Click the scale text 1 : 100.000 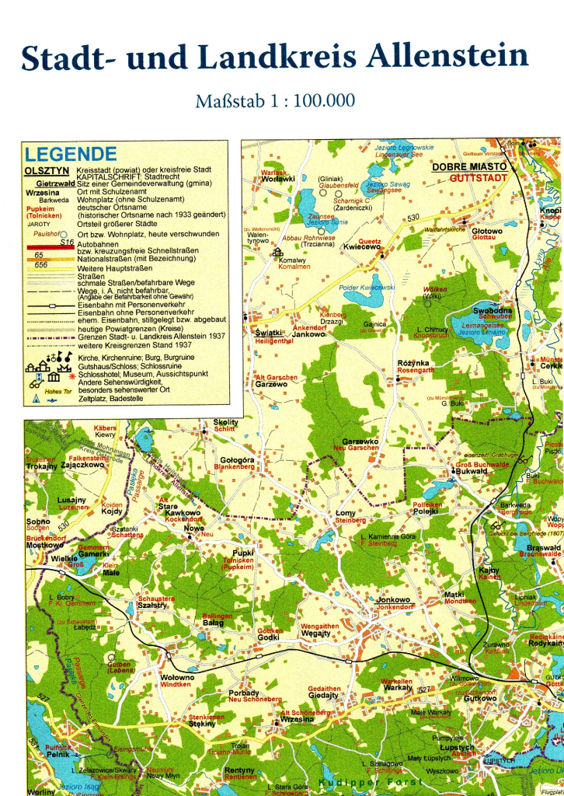coord(310,100)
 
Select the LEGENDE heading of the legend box coord(71,154)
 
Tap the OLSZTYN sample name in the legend coord(47,169)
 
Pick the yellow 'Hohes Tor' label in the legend coord(58,391)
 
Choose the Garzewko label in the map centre coord(360,442)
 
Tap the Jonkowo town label coord(393,599)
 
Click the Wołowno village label coord(177,677)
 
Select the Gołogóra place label coord(237,460)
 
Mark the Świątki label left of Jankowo coord(267,333)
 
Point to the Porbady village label coord(244,693)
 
